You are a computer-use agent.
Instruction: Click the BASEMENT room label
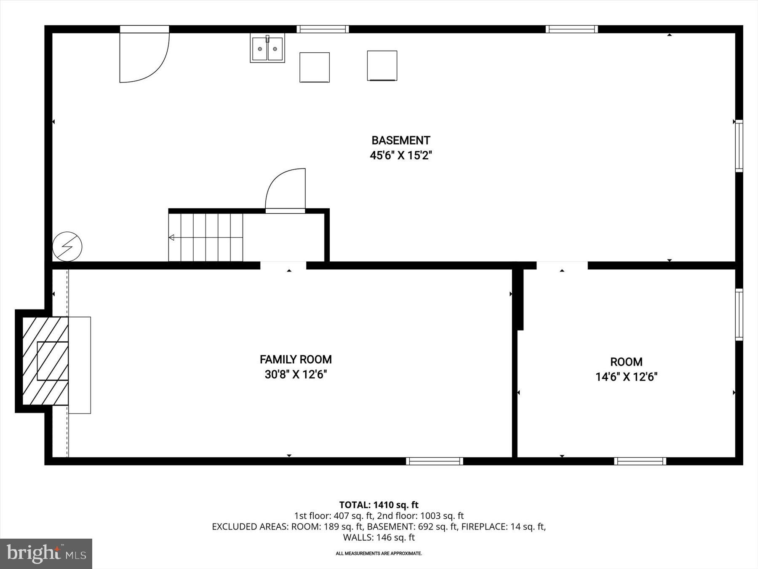(x=400, y=140)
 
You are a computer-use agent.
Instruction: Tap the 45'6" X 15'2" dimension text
(x=400, y=156)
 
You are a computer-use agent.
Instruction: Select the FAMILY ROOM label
(x=296, y=360)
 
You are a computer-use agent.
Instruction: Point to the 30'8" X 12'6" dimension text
(x=296, y=374)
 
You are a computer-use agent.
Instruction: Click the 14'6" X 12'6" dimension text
(x=626, y=377)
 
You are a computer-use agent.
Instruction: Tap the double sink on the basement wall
(x=267, y=48)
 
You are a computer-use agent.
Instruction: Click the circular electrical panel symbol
(x=67, y=247)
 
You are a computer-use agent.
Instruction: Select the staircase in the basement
(x=206, y=237)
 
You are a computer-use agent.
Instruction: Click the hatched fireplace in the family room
(x=45, y=361)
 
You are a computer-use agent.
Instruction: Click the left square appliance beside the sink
(x=315, y=67)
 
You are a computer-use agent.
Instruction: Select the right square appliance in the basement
(x=382, y=65)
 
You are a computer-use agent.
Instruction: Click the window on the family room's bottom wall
(x=435, y=461)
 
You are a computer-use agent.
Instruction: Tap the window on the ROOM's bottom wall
(x=640, y=461)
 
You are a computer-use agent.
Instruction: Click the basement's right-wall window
(x=739, y=146)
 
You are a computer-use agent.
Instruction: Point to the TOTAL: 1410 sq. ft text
(x=379, y=505)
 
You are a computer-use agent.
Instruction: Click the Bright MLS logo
(x=46, y=553)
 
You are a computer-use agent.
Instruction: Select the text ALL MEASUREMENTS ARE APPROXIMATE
(x=379, y=553)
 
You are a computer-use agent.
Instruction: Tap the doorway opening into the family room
(x=283, y=266)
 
